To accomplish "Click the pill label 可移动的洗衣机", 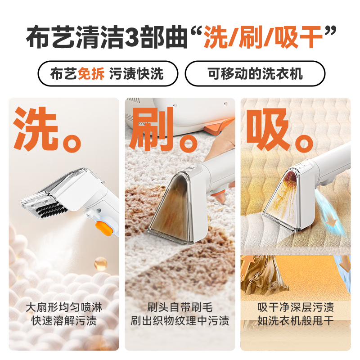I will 255,73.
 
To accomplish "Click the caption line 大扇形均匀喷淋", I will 64,308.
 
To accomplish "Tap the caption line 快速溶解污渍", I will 64,321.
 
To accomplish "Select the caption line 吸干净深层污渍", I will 296,308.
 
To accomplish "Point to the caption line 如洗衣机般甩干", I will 296,321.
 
